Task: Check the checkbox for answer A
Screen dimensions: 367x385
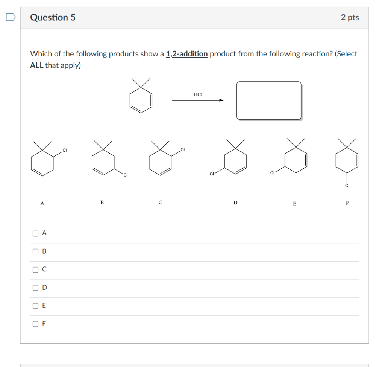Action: (36, 233)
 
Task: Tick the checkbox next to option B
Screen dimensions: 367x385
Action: (36, 251)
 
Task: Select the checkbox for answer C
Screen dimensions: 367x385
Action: (36, 270)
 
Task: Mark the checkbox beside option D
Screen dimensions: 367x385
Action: (36, 288)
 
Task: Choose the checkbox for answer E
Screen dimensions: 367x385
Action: (36, 306)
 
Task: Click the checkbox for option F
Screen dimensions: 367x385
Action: (36, 324)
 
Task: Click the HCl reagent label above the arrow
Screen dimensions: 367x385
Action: (198, 94)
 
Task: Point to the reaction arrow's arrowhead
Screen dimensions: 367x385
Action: (221, 100)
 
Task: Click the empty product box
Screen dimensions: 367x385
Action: (269, 101)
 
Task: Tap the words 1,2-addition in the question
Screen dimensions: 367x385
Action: (187, 54)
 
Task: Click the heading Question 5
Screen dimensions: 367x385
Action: (53, 17)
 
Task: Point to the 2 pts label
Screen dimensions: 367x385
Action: (350, 17)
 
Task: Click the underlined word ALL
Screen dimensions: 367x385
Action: (37, 65)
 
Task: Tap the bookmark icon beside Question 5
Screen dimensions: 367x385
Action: (10, 17)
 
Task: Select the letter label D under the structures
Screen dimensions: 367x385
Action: (235, 203)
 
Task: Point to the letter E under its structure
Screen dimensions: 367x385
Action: (294, 204)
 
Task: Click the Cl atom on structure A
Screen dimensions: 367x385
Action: (65, 151)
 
